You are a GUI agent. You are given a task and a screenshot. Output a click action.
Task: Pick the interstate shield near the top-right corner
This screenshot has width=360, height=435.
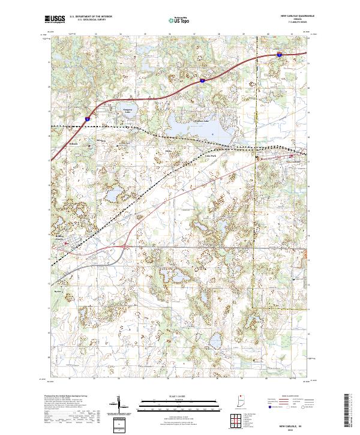tap(280, 55)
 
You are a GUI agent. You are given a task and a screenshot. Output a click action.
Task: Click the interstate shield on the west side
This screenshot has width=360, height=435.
tap(88, 119)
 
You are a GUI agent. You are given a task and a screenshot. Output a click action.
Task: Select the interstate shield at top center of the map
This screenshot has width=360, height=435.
tap(203, 79)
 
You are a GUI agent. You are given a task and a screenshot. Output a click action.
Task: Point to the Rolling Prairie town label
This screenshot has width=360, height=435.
tap(64, 238)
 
